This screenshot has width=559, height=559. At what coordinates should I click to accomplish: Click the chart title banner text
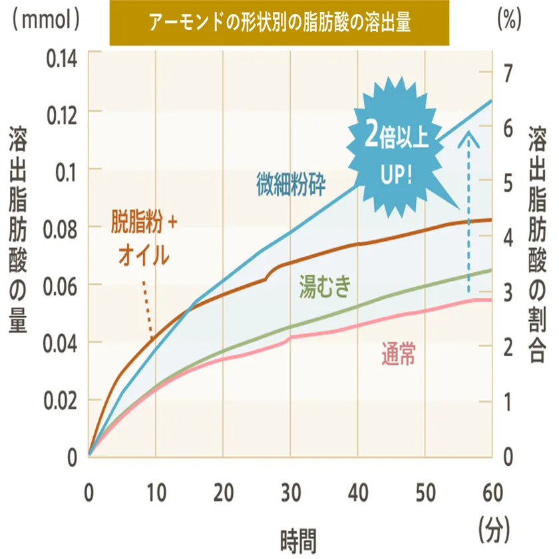(x=279, y=23)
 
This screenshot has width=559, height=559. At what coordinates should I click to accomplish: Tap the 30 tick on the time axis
(x=290, y=493)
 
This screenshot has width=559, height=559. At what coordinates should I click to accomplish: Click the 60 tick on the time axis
(x=492, y=493)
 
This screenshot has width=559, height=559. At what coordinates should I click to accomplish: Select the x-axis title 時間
(x=291, y=536)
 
